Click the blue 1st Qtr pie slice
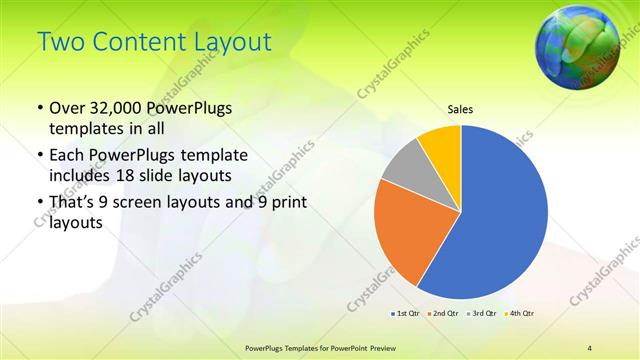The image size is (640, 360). pyautogui.click(x=500, y=215)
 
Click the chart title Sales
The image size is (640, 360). pyautogui.click(x=460, y=110)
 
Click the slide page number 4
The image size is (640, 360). pyautogui.click(x=590, y=346)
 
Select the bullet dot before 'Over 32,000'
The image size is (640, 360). pyautogui.click(x=39, y=109)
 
